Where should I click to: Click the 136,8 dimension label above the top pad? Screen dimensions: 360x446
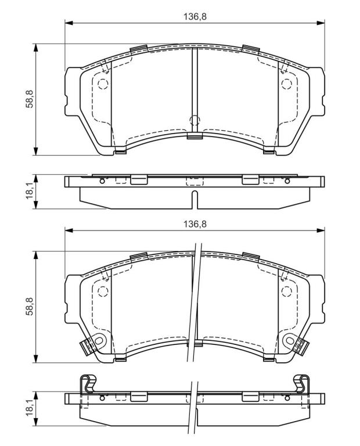click(x=195, y=16)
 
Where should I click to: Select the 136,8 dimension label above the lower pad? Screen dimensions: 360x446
click(x=195, y=224)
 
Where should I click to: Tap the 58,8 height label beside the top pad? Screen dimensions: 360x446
click(x=30, y=99)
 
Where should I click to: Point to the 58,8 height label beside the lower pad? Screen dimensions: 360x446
click(x=30, y=307)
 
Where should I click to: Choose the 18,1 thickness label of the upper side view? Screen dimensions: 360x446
click(x=30, y=192)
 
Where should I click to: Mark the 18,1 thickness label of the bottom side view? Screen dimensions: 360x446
click(x=30, y=408)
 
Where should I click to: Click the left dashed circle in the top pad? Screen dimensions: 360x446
click(x=103, y=84)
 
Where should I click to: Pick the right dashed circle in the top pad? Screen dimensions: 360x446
click(x=287, y=84)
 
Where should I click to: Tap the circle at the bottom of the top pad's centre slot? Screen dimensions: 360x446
click(x=195, y=120)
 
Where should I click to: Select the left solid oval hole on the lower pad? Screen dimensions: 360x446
click(x=99, y=340)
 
